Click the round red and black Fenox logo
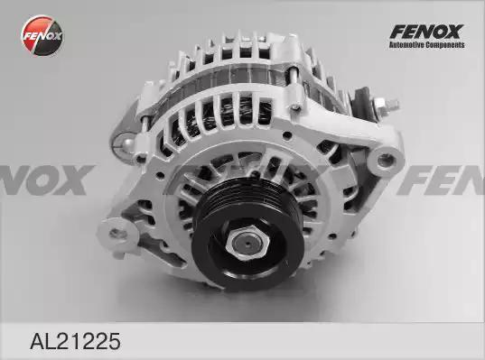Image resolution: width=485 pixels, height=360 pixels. [42, 35]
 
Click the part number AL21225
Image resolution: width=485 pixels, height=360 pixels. [75, 341]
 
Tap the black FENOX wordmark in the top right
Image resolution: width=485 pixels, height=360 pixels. [426, 32]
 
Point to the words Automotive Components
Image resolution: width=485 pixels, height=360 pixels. [427, 45]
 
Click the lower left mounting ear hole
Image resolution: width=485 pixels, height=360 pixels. [117, 233]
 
